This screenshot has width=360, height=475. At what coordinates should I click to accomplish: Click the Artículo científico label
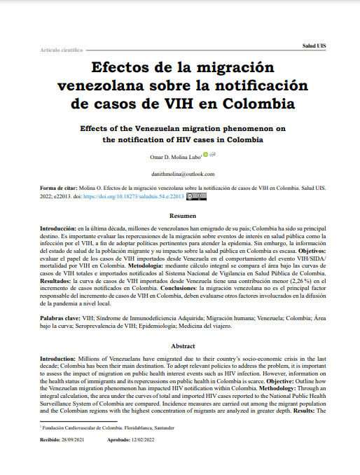(62, 50)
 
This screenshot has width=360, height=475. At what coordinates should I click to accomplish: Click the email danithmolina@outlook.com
(180, 173)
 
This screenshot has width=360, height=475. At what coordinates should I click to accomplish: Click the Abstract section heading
(180, 345)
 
